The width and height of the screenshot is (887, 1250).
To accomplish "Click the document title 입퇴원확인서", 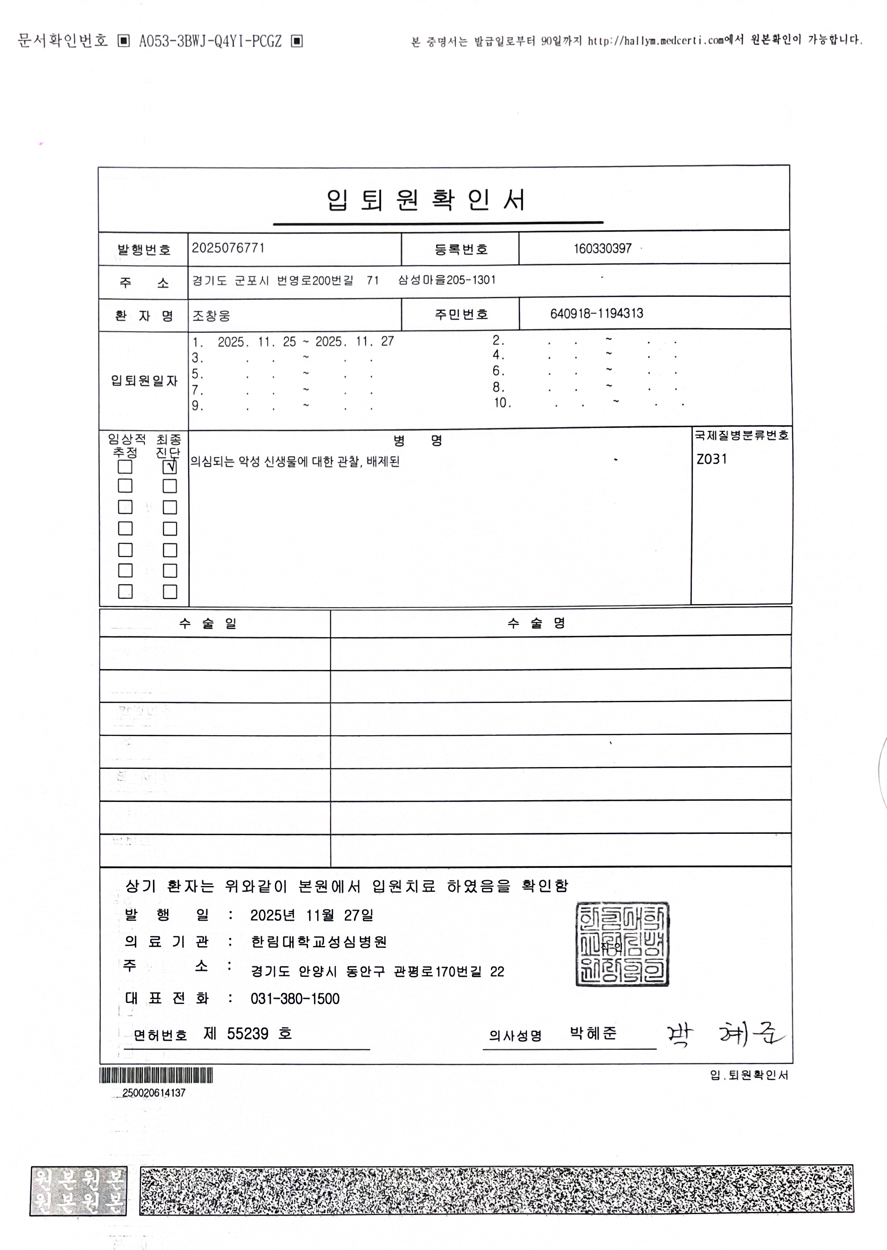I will [426, 200].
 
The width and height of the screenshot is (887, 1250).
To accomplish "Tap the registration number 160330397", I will [603, 249].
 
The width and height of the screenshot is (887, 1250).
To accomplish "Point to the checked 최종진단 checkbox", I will [170, 467].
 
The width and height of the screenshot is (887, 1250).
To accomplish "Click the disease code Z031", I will [712, 459].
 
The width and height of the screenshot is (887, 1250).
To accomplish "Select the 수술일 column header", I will [207, 623].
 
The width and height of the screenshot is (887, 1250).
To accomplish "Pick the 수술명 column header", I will [536, 623].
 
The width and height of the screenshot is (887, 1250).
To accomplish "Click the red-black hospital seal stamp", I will [622, 944].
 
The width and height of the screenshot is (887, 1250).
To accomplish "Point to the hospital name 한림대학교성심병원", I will [319, 942].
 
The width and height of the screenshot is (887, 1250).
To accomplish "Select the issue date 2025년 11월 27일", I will [312, 915].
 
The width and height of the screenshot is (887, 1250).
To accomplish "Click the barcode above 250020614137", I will [156, 1075].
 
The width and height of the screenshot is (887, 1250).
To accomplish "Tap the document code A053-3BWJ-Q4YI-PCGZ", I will [210, 41].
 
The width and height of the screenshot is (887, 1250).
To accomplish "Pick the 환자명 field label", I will [144, 316].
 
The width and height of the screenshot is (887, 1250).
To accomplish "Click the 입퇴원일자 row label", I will [144, 381].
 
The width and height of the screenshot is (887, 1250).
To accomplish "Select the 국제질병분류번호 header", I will [741, 435].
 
